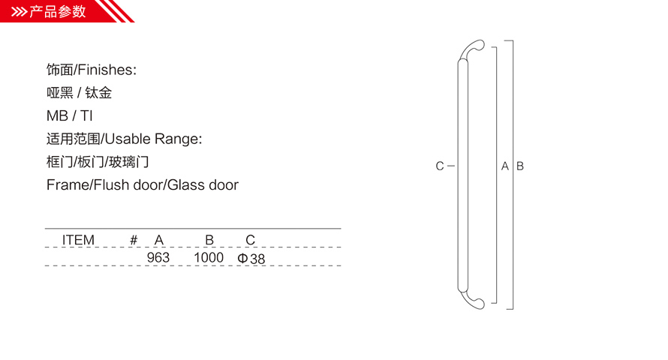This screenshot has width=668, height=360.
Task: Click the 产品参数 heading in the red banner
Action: click(58, 11)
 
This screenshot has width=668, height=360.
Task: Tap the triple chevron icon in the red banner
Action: click(19, 11)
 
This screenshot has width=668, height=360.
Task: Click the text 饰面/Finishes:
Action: click(92, 70)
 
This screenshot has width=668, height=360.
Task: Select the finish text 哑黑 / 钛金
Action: click(80, 93)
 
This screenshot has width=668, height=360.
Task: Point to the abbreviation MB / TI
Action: click(70, 115)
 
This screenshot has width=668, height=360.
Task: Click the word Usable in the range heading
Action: click(128, 139)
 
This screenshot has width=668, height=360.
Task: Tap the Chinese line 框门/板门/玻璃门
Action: click(98, 162)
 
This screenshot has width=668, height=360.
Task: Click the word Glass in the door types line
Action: click(184, 184)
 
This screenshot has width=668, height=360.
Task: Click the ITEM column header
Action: click(78, 240)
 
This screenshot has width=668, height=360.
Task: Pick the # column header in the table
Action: click(134, 240)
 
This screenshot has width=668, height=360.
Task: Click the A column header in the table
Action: click(159, 240)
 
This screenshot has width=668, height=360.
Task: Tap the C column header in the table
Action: click(251, 240)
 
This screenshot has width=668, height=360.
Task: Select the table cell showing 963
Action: click(158, 257)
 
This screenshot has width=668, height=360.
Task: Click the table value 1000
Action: click(209, 257)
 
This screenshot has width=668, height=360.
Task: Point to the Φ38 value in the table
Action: click(251, 258)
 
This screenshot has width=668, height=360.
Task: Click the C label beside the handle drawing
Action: click(440, 166)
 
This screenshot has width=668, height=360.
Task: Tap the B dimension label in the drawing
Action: click(520, 166)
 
